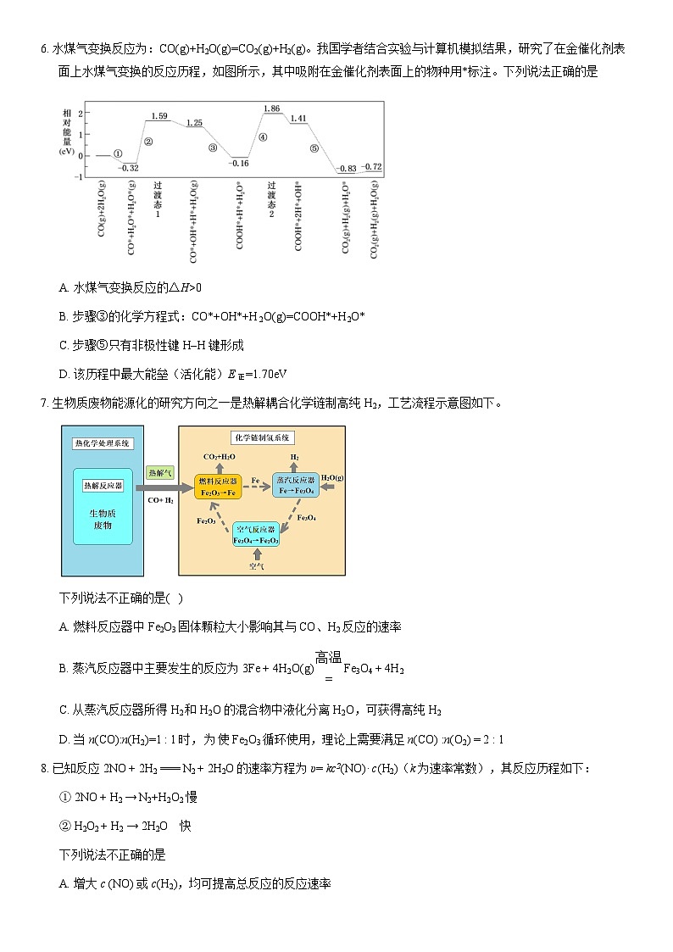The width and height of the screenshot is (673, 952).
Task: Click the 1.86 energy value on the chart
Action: pos(272,109)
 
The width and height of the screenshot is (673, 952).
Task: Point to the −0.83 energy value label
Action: pos(347,169)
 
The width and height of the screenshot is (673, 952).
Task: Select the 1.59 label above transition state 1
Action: pos(159,115)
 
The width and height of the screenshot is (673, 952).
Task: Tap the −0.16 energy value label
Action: pos(239,163)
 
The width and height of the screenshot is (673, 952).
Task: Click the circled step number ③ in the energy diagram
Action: pos(213,148)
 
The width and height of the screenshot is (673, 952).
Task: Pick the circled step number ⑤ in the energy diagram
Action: pos(314,148)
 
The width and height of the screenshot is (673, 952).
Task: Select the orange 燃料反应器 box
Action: pos(218,486)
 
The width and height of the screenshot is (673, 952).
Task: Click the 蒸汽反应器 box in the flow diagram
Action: pos(294,486)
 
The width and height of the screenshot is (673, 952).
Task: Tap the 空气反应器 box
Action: pos(256,534)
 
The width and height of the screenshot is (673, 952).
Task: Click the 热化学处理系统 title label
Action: pos(103,443)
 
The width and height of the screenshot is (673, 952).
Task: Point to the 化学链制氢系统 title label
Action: pos(261,437)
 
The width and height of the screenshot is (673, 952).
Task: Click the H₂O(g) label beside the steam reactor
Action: pos(332,479)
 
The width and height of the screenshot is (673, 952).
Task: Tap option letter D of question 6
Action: pos(64,374)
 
